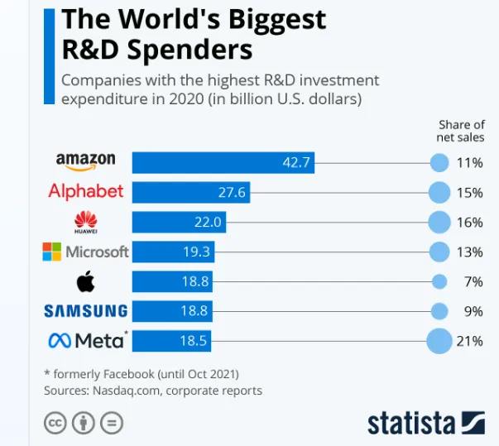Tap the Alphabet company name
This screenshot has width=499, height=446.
tap(86, 191)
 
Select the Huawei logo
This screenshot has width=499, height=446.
tap(86, 222)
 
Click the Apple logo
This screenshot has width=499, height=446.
tap(86, 281)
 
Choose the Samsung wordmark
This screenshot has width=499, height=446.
tap(86, 311)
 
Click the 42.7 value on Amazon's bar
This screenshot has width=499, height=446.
tap(295, 162)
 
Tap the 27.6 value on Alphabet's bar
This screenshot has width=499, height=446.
tap(234, 193)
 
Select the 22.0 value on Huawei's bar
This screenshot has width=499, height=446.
tap(209, 223)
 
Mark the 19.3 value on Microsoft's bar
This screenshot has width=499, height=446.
tap(196, 252)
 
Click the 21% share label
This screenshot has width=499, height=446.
tap(469, 340)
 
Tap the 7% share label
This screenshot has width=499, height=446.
tap(473, 281)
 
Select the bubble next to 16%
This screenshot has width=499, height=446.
tap(439, 222)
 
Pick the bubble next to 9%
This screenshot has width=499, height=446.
tap(439, 311)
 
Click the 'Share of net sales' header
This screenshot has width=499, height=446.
tap(460, 131)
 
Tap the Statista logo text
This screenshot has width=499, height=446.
tap(410, 422)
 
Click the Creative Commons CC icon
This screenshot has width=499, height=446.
tap(55, 423)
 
